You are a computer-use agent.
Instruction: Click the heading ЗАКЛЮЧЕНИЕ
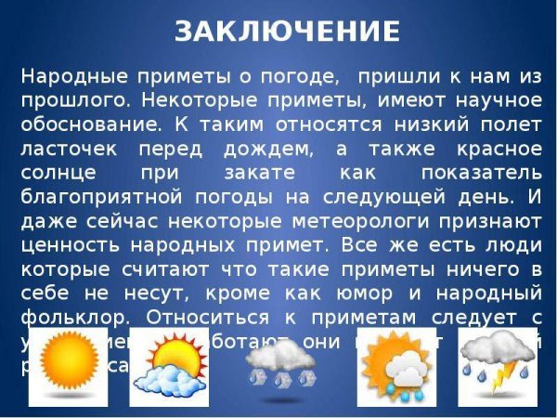click(x=288, y=32)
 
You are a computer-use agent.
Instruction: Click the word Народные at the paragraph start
click(x=65, y=76)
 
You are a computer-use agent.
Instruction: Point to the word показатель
click(x=481, y=173)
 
